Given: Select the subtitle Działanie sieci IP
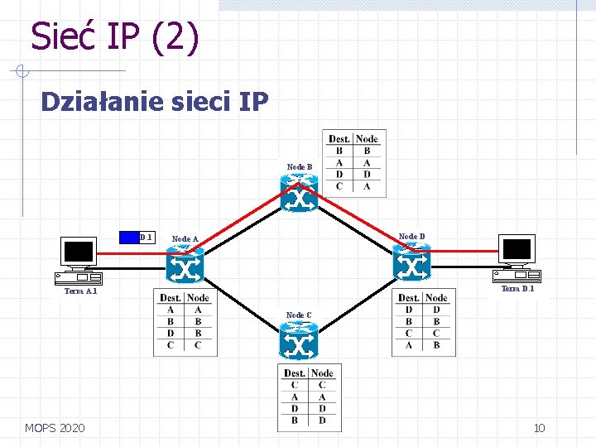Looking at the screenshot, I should tap(154, 102).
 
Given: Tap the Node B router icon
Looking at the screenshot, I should tap(299, 196).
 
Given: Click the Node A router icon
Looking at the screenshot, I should tap(185, 267).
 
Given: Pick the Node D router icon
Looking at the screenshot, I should tap(411, 264).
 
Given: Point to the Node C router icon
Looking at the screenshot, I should tap(299, 341).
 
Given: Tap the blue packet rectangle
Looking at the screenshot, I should tap(129, 237).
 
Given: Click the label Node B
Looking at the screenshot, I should tap(300, 167).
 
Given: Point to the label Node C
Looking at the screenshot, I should tap(299, 315).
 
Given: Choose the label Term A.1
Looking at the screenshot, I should tap(81, 291).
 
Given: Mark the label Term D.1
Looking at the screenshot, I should tap(518, 289).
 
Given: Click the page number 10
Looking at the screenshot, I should tap(539, 428).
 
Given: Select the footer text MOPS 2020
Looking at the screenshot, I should tap(55, 428).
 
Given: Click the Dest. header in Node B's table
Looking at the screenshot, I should tap(339, 139).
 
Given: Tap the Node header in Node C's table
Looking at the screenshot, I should tap(322, 373).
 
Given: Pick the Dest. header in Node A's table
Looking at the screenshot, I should tap(171, 298).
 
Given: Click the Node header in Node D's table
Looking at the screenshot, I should tap(436, 298).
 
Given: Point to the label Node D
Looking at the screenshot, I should tap(411, 237).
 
